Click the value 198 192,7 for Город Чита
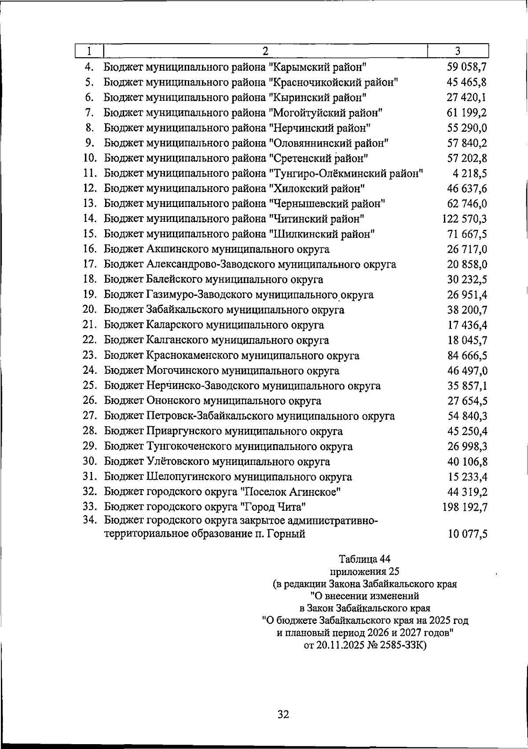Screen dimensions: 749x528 [465, 507]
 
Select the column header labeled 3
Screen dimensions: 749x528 [458, 51]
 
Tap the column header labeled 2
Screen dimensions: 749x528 [265, 51]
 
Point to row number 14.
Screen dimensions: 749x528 [90, 218]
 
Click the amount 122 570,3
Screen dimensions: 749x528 [465, 219]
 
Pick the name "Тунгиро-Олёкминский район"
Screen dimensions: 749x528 [345, 173]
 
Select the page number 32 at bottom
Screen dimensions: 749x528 [283, 714]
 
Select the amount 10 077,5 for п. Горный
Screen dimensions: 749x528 [468, 535]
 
